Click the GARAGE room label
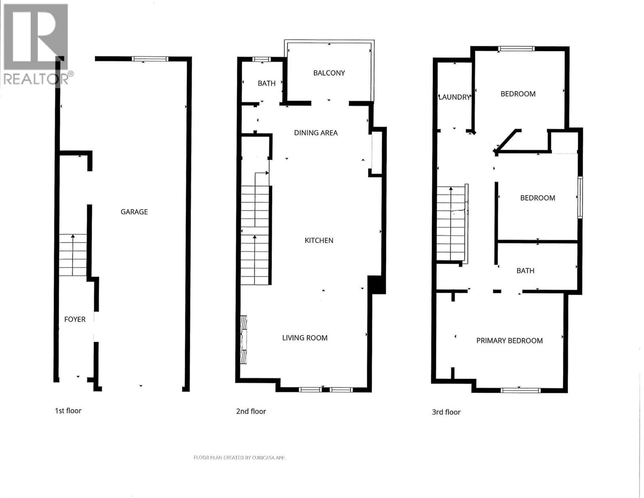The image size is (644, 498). pos(134,212)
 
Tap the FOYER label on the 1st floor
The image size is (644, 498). pos(75,319)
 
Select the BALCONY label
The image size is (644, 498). pos(329,73)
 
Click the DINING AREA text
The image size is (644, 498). pos(316,133)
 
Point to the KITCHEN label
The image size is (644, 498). pos(319,240)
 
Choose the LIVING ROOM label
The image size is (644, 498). pos(305,338)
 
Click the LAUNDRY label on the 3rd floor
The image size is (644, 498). pos(454,97)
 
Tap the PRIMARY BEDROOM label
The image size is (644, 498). pos(509,341)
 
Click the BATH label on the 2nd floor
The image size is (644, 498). pos(266,84)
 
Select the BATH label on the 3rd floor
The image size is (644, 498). pos(525,270)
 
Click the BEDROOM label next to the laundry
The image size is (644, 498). pos(518,94)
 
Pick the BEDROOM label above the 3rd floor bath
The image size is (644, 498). pos(537,198)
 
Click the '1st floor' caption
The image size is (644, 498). pos(68,411)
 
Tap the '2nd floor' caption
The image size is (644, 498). pos(251,411)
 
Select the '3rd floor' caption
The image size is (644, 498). pos(446,412)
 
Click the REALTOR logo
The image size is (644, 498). pos(36,44)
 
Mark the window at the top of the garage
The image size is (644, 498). pos(150,59)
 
